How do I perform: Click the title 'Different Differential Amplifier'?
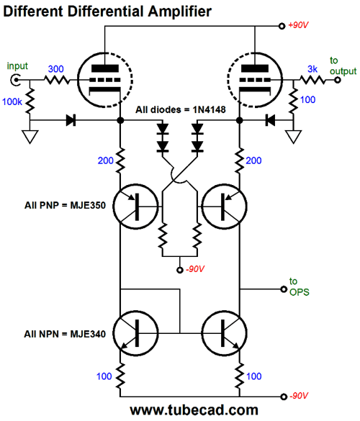(108, 12)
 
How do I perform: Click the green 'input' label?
(17, 66)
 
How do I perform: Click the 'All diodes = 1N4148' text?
(180, 110)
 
